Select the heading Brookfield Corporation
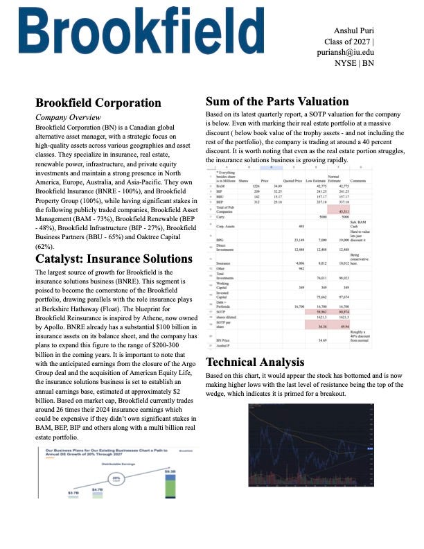coord(98,103)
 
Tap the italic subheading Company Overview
coord(71,118)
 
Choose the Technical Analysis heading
coord(255,362)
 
